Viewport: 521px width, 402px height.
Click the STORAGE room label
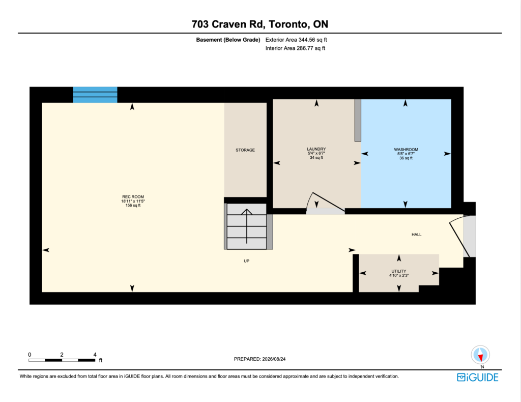click(245, 150)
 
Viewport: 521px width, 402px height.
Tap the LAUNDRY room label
click(316, 149)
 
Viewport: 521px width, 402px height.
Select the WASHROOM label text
click(406, 150)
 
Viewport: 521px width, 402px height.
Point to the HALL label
click(416, 235)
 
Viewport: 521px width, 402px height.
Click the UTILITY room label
click(399, 271)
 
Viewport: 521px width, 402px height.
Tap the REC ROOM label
click(133, 197)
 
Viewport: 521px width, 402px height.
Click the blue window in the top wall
click(95, 95)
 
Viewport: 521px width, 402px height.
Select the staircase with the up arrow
click(247, 226)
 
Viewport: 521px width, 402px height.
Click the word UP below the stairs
click(247, 261)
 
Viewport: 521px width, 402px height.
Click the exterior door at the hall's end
click(462, 236)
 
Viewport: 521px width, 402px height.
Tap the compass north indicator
click(480, 356)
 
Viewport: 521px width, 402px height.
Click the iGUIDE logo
click(477, 378)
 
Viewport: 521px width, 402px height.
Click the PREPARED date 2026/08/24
click(274, 359)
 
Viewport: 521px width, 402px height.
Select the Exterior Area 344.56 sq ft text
click(296, 40)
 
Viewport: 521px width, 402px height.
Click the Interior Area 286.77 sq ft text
click(295, 48)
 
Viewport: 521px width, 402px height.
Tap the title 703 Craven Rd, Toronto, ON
click(260, 24)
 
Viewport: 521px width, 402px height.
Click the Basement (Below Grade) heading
click(228, 40)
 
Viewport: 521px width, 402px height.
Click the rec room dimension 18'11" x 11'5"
click(133, 201)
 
